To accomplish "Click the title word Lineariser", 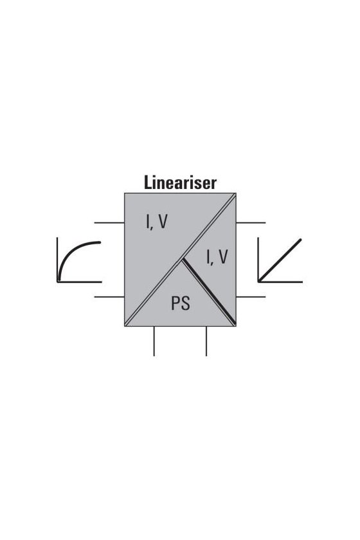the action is click(x=180, y=183).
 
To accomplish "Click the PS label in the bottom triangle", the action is click(x=181, y=303).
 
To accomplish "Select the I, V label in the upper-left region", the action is click(x=157, y=222).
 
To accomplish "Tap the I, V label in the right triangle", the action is click(x=217, y=257).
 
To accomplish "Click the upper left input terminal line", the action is click(x=109, y=223).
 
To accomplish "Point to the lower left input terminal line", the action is click(x=109, y=296).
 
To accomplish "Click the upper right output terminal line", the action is click(x=251, y=223).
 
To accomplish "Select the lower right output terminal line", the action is click(x=251, y=296).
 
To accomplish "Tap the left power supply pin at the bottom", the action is click(x=154, y=341).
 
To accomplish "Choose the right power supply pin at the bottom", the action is click(x=206, y=341).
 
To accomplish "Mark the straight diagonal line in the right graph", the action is click(x=280, y=260).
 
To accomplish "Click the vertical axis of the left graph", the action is click(x=57, y=260).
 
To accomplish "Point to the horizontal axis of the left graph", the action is click(x=79, y=282).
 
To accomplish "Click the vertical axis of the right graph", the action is click(x=258, y=260).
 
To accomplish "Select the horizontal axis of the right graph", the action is click(x=280, y=282).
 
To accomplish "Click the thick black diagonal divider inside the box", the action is click(x=209, y=292).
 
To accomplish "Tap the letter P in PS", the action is click(x=175, y=303).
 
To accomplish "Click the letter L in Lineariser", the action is click(x=148, y=183).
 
